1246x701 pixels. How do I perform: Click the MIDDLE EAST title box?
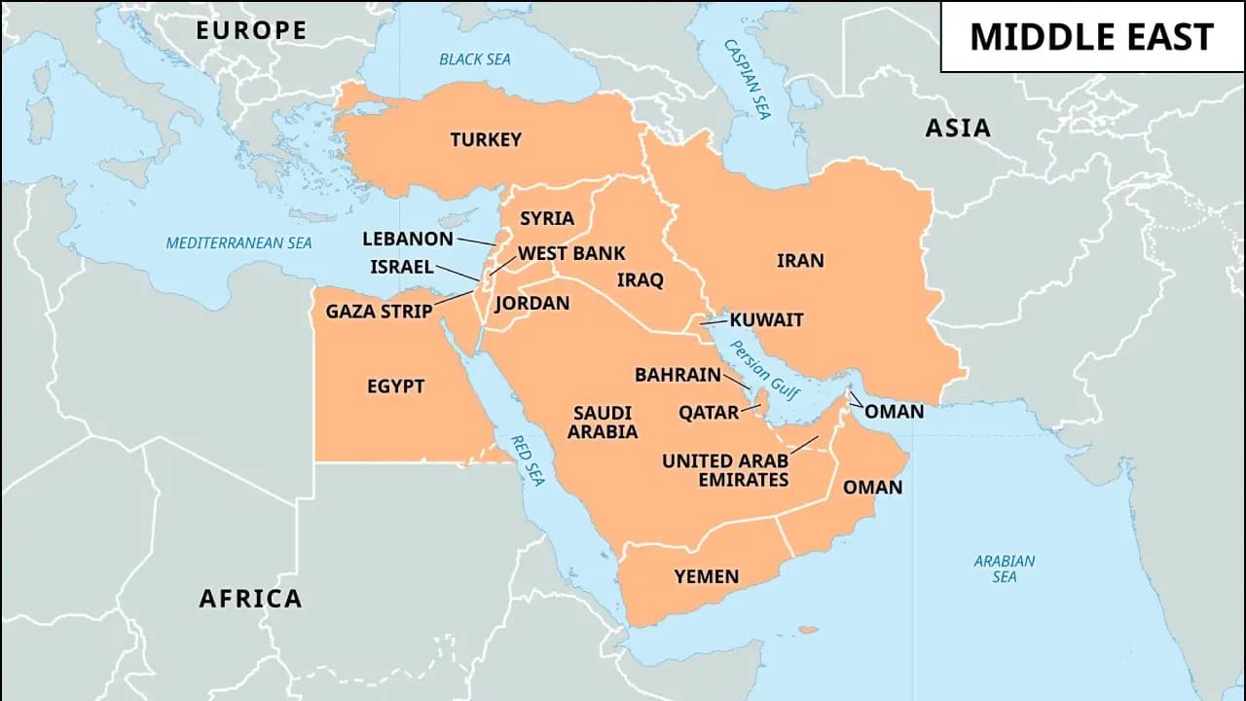[1091, 37]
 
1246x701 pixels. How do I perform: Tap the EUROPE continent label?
[251, 30]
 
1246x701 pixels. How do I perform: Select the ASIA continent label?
[957, 128]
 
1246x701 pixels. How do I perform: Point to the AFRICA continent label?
[250, 598]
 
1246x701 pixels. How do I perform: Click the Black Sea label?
[474, 59]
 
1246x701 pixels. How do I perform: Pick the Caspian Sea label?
[747, 80]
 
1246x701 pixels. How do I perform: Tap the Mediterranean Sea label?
[238, 243]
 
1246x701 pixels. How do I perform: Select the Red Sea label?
[527, 460]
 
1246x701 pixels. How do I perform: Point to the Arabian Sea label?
[1005, 569]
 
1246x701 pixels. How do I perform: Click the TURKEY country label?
[486, 140]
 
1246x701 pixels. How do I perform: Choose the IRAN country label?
[800, 261]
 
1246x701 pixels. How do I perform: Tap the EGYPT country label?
[395, 387]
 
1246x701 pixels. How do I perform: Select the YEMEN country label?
[707, 577]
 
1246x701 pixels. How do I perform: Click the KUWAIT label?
[766, 319]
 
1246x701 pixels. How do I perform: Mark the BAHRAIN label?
[678, 375]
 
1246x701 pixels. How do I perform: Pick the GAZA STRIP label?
[378, 312]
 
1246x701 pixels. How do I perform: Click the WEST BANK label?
[571, 253]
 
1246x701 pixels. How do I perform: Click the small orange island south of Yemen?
[807, 630]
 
